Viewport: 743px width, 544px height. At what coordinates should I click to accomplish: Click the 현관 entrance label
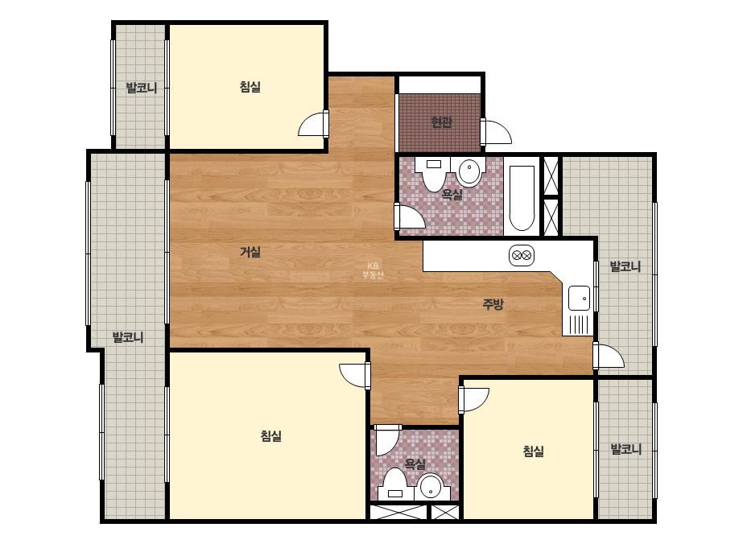[x=441, y=122]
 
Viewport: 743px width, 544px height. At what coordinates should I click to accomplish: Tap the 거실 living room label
[x=250, y=252]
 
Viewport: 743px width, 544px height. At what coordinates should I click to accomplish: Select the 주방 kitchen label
[x=493, y=303]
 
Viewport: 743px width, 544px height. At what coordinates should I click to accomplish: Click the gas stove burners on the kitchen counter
[x=522, y=256]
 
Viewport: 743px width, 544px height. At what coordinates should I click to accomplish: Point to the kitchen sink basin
[x=579, y=299]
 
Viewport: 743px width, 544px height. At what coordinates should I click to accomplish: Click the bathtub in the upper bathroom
[x=522, y=198]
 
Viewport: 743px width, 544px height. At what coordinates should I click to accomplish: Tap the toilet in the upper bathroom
[x=434, y=174]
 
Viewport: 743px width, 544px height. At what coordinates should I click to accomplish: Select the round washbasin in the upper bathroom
[x=469, y=172]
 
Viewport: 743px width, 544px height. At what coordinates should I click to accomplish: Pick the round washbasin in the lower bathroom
[x=431, y=487]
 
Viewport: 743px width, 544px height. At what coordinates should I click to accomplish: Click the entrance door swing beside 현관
[x=496, y=132]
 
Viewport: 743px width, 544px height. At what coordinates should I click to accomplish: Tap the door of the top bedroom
[x=314, y=124]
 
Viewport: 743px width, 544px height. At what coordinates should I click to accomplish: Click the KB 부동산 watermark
[x=373, y=270]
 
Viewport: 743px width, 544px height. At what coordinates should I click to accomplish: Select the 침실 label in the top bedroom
[x=250, y=87]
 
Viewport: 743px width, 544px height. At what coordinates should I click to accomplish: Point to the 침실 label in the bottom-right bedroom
[x=534, y=451]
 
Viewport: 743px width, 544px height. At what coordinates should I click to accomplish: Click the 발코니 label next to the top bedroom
[x=142, y=88]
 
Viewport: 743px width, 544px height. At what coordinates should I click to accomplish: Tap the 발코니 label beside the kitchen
[x=625, y=266]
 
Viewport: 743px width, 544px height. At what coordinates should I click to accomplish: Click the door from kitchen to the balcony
[x=609, y=356]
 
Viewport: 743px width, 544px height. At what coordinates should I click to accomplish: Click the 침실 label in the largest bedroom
[x=271, y=435]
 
